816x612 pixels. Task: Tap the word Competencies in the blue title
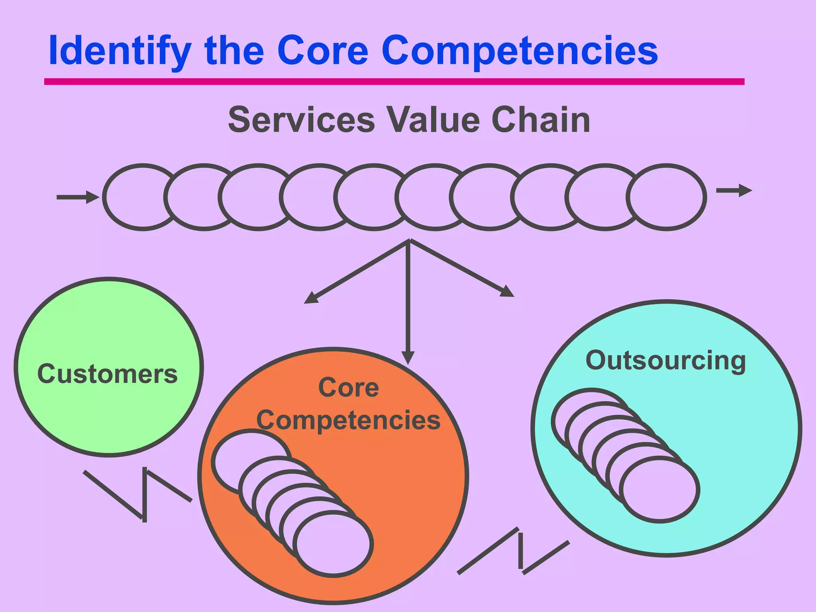tap(520, 51)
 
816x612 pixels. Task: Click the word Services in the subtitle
tap(301, 120)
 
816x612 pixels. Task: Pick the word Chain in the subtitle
tap(541, 120)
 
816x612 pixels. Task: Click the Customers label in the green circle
tap(107, 374)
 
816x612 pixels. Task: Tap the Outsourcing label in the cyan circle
tap(665, 361)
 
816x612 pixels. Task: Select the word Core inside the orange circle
tap(349, 387)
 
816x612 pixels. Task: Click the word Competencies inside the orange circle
tap(348, 420)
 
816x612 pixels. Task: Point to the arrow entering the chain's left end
tap(78, 197)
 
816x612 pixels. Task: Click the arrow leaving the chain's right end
tap(734, 191)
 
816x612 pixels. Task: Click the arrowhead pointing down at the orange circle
tap(408, 357)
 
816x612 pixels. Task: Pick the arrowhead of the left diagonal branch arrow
tap(311, 298)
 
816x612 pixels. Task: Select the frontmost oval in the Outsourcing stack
tap(659, 490)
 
